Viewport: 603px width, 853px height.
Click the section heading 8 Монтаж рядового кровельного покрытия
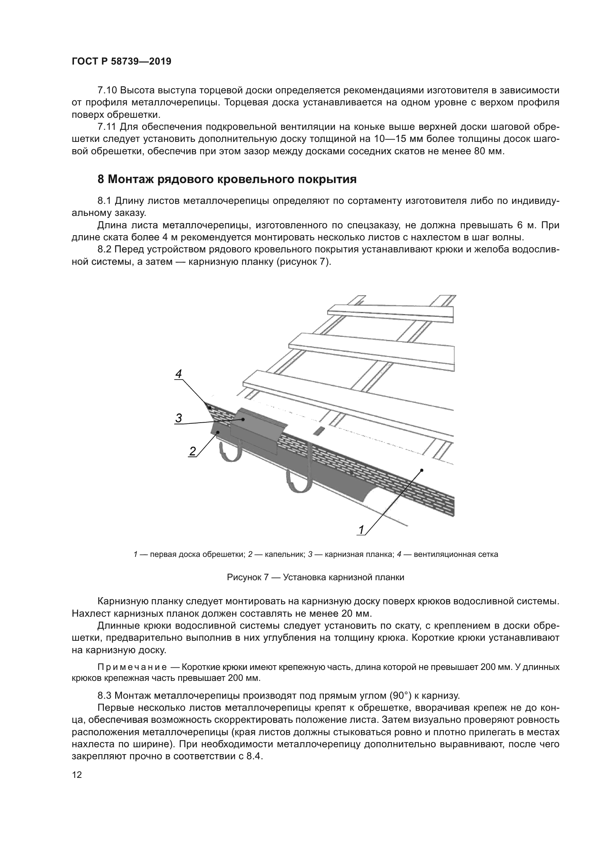227,179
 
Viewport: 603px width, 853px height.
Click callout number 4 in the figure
179,374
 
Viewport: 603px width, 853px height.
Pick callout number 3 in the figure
179,418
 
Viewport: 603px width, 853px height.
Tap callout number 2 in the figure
192,451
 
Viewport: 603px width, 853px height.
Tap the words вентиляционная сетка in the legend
456,555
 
